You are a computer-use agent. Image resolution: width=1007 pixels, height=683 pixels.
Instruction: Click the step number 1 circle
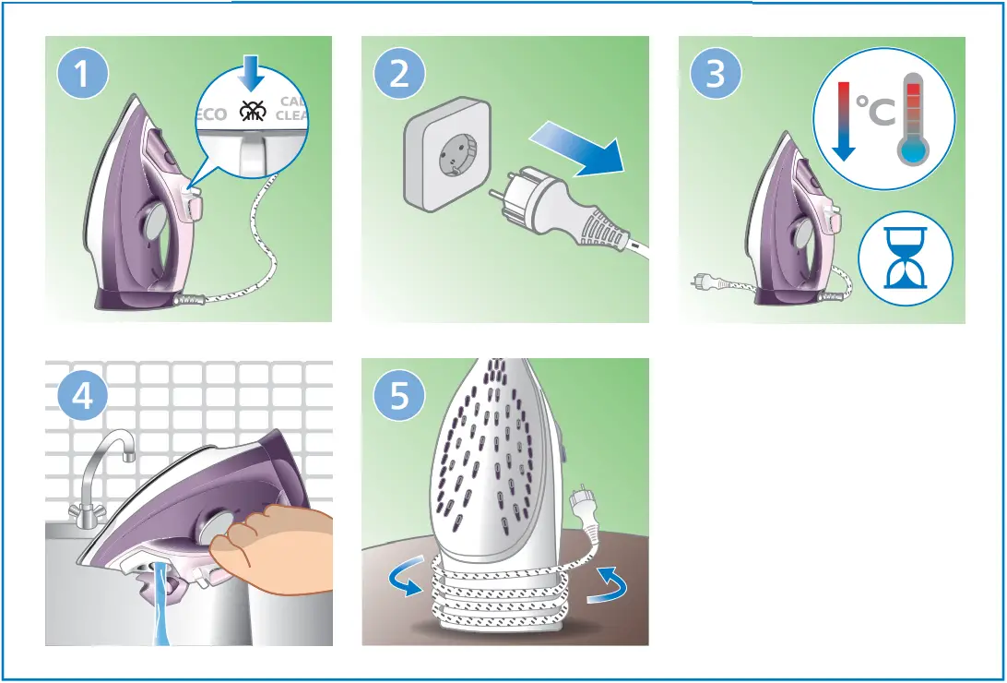(x=84, y=75)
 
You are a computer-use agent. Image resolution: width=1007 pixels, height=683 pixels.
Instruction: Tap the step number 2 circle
(x=399, y=75)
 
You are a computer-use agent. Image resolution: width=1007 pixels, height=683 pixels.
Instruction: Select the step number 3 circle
(x=716, y=75)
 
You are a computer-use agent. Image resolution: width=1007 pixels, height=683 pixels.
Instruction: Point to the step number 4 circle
(x=84, y=397)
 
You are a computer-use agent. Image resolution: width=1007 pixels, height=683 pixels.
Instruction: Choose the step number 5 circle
(x=399, y=397)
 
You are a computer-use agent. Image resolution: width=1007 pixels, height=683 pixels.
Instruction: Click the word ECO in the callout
(x=210, y=114)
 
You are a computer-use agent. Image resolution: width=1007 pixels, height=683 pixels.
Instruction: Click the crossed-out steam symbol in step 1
(x=250, y=112)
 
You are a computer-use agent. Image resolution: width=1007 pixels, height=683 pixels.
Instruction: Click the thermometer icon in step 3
(x=914, y=120)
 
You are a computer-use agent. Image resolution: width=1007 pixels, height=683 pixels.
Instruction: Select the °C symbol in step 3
(x=874, y=114)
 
